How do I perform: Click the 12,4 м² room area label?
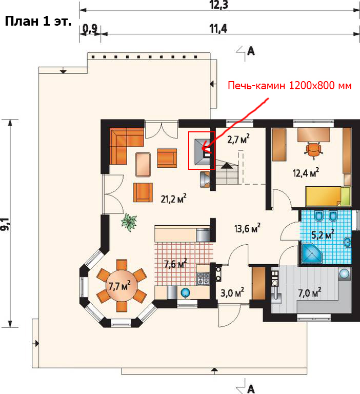pyautogui.click(x=306, y=172)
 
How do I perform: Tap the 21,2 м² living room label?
pyautogui.click(x=174, y=199)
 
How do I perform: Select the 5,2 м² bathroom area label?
pyautogui.click(x=323, y=234)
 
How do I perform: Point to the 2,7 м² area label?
pyautogui.click(x=238, y=139)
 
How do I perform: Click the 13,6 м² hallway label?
pyautogui.click(x=247, y=228)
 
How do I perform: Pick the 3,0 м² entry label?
pyautogui.click(x=232, y=292)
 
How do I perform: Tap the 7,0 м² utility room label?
pyautogui.click(x=310, y=292)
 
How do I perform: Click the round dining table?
pyautogui.click(x=122, y=285)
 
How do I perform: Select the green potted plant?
pyautogui.click(x=129, y=222)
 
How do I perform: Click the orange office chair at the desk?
pyautogui.click(x=313, y=150)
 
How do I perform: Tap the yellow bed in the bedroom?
pyautogui.click(x=328, y=196)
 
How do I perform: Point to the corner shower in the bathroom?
pyautogui.click(x=312, y=253)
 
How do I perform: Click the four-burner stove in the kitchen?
pyautogui.click(x=203, y=279)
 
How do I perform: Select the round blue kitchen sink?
pyautogui.click(x=186, y=292)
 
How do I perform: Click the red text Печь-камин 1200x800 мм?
pyautogui.click(x=290, y=86)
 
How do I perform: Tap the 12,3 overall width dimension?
pyautogui.click(x=219, y=5)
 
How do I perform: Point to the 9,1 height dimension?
pyautogui.click(x=5, y=224)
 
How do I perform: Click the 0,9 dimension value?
pyautogui.click(x=90, y=29)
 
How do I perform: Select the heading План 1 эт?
pyautogui.click(x=38, y=21)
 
